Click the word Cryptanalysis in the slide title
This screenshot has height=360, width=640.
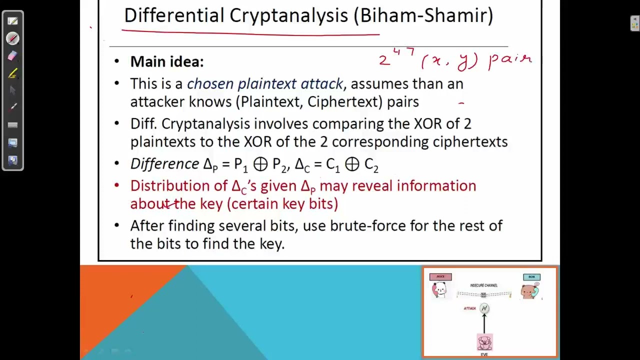288,16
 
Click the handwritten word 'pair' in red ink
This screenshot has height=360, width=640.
510,59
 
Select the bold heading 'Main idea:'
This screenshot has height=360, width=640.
166,62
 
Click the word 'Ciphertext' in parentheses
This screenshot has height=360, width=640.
344,102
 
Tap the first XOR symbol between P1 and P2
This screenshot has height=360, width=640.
260,164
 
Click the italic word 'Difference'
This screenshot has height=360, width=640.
164,164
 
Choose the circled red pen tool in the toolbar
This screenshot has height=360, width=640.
13,38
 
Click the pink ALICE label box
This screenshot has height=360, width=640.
440,276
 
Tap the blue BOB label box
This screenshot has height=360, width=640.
531,276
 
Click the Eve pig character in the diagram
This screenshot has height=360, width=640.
484,342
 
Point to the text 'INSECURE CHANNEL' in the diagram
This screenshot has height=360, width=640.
483,285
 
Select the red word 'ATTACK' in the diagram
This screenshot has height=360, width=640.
469,308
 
